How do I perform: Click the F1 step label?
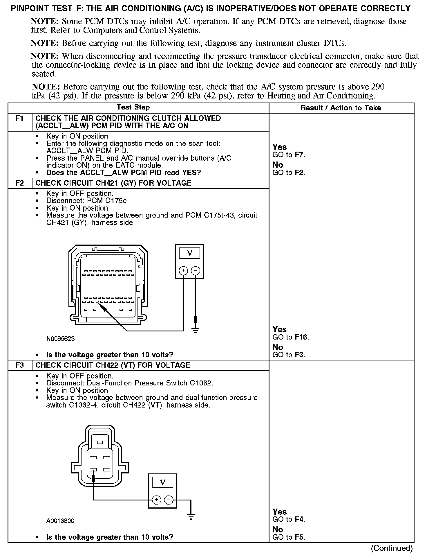[x=19, y=119]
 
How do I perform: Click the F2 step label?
[x=20, y=183]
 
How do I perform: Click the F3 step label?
[x=20, y=365]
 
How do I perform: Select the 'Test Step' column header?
[x=133, y=107]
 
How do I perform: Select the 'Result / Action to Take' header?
[x=341, y=108]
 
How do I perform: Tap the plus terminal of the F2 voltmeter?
[x=183, y=271]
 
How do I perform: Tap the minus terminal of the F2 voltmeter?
[x=196, y=271]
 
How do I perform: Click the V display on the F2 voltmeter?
[x=189, y=253]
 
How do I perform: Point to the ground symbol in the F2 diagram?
[x=196, y=330]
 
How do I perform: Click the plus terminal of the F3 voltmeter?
[x=156, y=500]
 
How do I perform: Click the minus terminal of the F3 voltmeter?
[x=169, y=500]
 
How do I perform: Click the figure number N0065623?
[x=60, y=339]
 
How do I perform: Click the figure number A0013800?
[x=60, y=521]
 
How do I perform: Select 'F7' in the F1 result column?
[x=299, y=155]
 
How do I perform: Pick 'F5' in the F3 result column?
[x=299, y=537]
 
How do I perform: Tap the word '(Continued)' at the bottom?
[x=392, y=548]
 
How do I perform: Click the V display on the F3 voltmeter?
[x=162, y=482]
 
